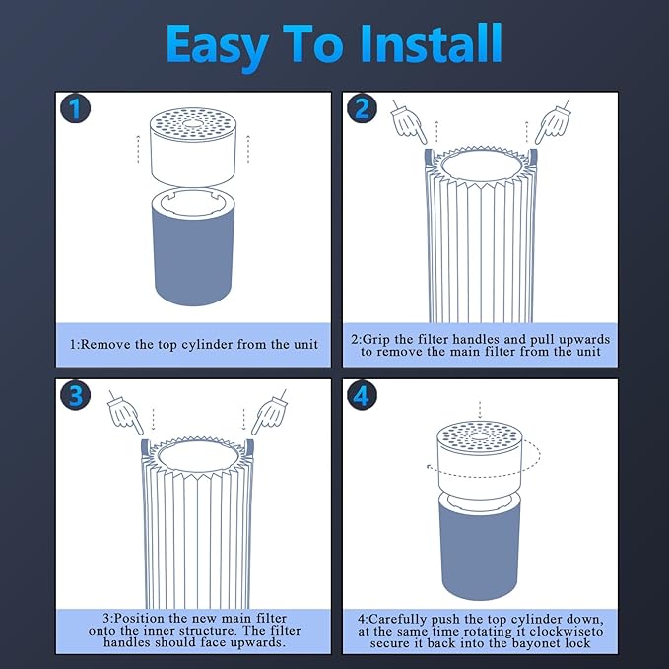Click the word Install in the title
431,43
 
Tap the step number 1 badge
75,108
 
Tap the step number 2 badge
362,108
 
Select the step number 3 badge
75,395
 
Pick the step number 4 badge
362,395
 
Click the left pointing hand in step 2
408,123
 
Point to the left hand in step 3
124,412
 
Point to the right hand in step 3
269,412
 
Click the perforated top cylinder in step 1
193,147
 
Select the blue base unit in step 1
193,246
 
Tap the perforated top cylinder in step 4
480,456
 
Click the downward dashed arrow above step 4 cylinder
480,410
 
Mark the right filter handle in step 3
250,449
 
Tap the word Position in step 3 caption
140,618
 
